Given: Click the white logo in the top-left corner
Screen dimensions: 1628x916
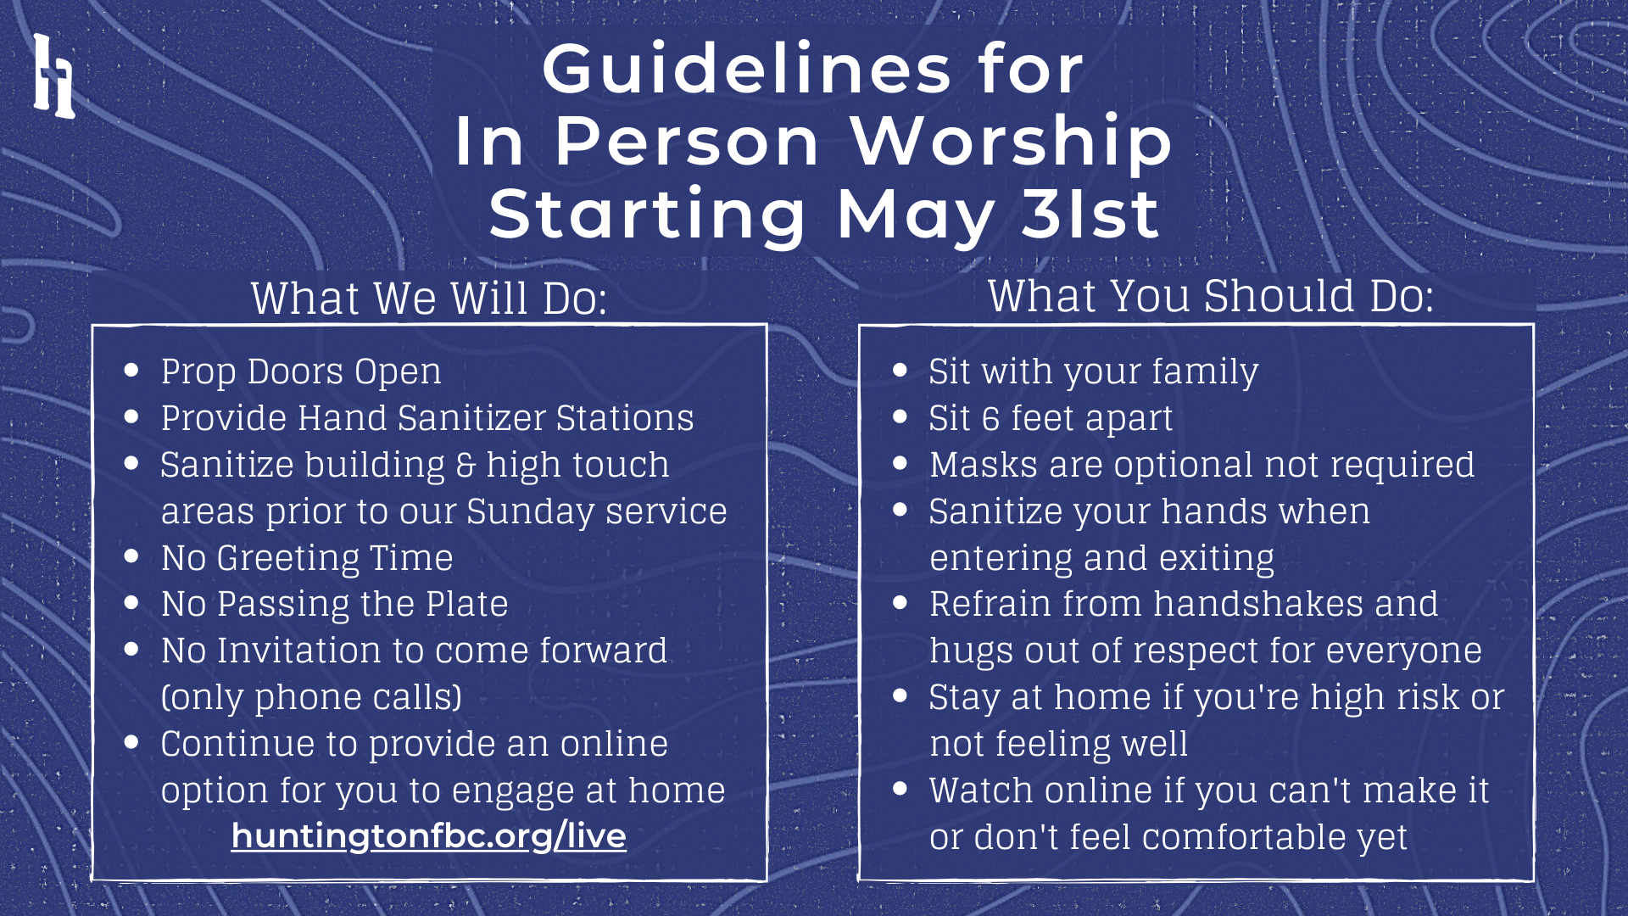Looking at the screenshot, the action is pos(54,75).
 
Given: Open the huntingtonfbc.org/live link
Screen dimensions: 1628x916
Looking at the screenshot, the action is pos(428,836).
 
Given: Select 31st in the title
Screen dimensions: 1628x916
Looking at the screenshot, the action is pos(1090,213).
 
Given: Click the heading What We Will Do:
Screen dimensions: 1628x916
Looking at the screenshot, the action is pos(429,299).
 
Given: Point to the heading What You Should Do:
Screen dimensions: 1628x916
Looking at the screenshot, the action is pos(1211,296).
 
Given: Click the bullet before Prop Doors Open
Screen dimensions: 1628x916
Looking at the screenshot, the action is pos(131,370).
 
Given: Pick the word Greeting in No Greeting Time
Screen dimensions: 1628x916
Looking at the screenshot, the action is pos(288,559).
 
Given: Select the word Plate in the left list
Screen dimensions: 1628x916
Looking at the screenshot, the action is pos(466,604).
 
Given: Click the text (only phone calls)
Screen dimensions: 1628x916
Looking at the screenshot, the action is pos(312,697).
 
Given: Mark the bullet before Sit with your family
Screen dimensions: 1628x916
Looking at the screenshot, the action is pos(900,370).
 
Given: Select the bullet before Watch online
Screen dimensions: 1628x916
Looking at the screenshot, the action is pos(900,789).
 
